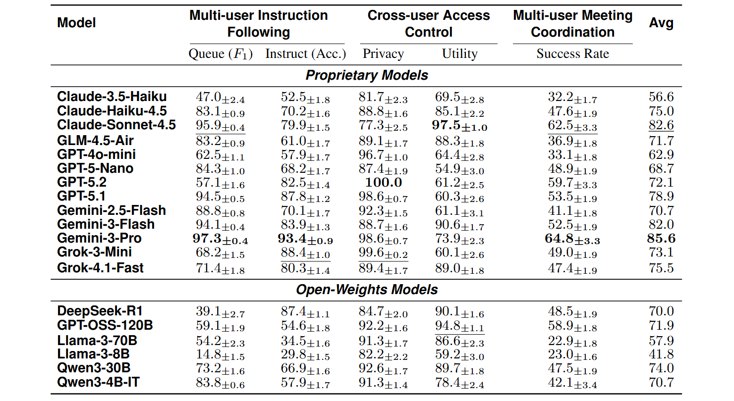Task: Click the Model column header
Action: [76, 23]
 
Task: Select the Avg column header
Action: [661, 23]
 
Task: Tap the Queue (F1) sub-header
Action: [221, 54]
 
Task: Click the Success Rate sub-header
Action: [572, 54]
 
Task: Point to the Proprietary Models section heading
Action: [367, 75]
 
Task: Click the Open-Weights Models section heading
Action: [367, 290]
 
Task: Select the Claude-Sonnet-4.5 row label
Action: [116, 125]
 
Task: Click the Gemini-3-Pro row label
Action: [99, 238]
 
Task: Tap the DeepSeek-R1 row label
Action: [100, 311]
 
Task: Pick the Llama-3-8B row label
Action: [94, 354]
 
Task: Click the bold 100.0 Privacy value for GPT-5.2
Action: [383, 182]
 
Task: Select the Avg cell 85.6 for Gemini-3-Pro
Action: [661, 239]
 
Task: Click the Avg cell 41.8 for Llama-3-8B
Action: [661, 354]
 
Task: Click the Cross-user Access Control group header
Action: [428, 24]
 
